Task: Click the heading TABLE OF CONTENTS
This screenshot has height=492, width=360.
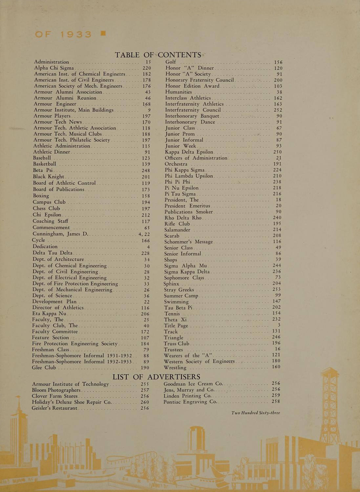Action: pos(158,55)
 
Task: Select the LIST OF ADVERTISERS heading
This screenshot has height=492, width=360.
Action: pos(156,377)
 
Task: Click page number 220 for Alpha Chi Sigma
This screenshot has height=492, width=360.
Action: pos(146,68)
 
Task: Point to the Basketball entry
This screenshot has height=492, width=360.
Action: pos(45,164)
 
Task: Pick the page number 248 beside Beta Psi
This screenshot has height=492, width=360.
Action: pos(145,171)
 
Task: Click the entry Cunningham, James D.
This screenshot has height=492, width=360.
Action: pos(60,234)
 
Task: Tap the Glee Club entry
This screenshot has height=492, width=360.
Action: pos(44,368)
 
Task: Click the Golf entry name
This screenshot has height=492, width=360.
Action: pos(171,62)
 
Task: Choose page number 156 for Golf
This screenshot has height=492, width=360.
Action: pos(278,62)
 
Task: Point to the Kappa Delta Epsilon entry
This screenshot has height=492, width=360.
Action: pos(189,152)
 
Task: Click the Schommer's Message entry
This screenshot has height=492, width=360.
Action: pos(188,242)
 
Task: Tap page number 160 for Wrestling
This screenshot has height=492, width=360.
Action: pos(276,367)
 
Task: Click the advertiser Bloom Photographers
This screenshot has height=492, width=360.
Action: pos(56,390)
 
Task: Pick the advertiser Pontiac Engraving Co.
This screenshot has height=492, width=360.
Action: pos(190,402)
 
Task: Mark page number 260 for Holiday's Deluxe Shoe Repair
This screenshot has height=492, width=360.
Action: pos(145,402)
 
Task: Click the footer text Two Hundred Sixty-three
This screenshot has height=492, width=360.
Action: pos(256,413)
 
